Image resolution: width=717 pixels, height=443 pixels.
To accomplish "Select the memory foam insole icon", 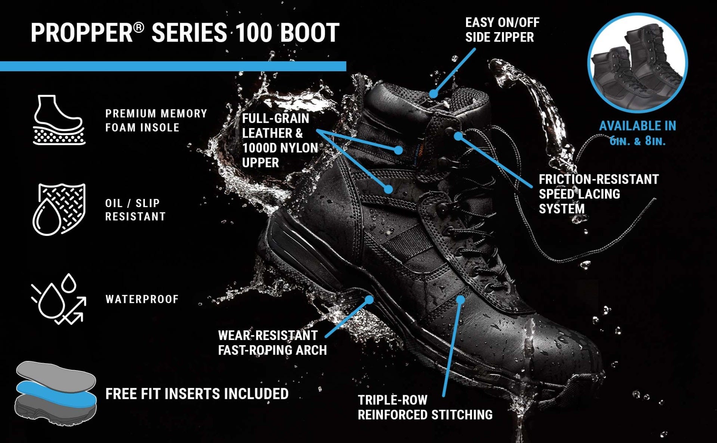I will point(59,120).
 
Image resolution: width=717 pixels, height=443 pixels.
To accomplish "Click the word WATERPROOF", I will point(142,299).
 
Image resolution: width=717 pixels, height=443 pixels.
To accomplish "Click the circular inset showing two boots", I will point(637,62).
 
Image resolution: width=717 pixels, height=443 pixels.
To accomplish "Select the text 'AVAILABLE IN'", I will point(637,126).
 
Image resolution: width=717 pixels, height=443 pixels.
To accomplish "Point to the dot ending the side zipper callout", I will point(433,93).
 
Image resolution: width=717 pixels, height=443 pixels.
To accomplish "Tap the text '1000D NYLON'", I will point(280,148).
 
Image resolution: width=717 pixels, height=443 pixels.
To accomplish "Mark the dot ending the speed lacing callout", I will point(458,136).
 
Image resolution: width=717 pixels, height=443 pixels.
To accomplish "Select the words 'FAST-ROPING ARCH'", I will point(272,350).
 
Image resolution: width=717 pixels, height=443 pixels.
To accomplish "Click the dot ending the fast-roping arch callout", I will point(369,300).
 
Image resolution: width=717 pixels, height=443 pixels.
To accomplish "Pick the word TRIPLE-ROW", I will point(392,400).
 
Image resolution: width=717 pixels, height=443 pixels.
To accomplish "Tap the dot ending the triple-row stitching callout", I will point(461,299).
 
